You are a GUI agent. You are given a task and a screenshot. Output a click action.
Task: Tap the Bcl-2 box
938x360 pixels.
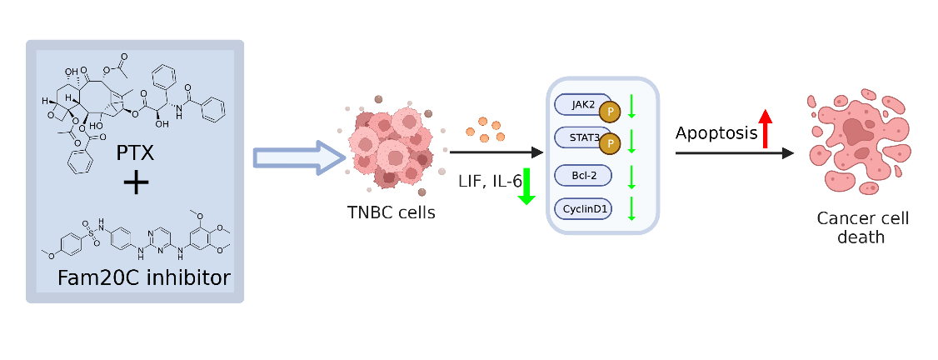pyautogui.click(x=582, y=176)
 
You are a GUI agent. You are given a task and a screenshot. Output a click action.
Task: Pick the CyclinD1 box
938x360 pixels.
pyautogui.click(x=582, y=208)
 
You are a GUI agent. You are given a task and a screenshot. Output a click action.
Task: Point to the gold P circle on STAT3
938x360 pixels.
pyautogui.click(x=610, y=145)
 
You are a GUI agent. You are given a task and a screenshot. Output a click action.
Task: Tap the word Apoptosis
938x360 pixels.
pyautogui.click(x=716, y=133)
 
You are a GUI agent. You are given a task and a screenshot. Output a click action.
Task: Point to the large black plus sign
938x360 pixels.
pyautogui.click(x=136, y=184)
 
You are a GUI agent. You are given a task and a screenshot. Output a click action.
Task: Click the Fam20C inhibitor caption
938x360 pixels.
pyautogui.click(x=143, y=277)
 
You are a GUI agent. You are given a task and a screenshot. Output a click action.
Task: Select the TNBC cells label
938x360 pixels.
pyautogui.click(x=391, y=212)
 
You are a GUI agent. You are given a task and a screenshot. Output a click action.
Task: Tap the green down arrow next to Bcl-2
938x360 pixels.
pyautogui.click(x=631, y=177)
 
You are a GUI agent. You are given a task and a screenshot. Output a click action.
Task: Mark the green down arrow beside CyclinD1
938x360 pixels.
pyautogui.click(x=631, y=208)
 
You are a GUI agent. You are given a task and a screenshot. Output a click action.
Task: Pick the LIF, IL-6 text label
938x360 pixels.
pyautogui.click(x=489, y=180)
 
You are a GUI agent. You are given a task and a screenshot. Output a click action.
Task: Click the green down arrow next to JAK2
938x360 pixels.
pyautogui.click(x=631, y=106)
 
